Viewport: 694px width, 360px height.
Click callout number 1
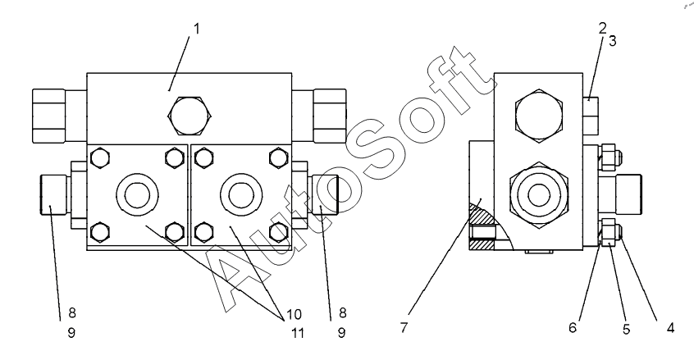point(196,28)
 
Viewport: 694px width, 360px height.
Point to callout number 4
point(670,328)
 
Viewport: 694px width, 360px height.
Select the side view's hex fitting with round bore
point(538,194)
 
